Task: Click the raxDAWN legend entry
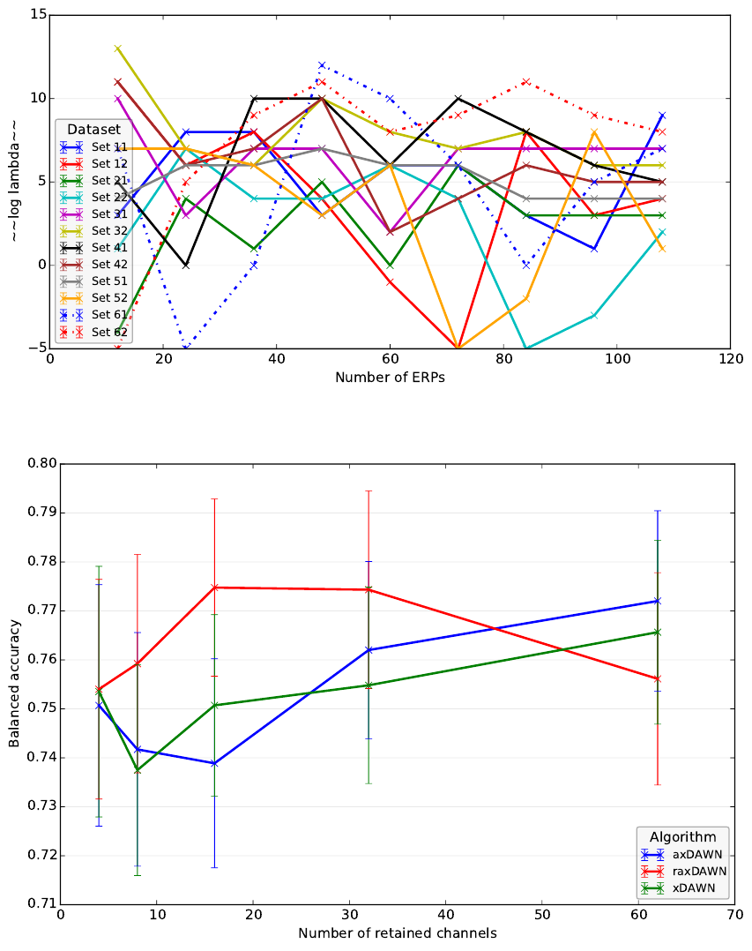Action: [699, 871]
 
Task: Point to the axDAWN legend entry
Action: [696, 855]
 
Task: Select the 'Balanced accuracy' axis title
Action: [15, 684]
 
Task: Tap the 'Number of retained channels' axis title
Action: [397, 933]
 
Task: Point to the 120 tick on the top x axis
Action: [730, 360]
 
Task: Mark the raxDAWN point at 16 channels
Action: [214, 588]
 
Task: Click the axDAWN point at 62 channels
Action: [658, 601]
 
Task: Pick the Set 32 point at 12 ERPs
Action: [117, 49]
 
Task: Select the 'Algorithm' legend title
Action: [682, 836]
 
